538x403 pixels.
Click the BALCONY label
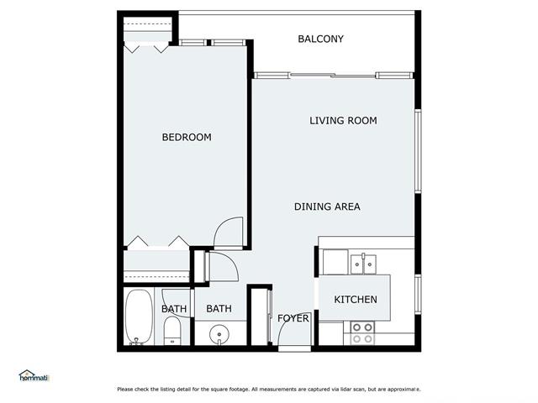click(320, 39)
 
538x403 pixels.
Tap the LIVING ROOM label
click(343, 121)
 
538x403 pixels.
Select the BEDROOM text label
click(187, 138)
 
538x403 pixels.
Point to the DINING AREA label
click(327, 207)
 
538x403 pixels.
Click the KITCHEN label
click(356, 300)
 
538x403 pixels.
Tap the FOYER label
click(293, 318)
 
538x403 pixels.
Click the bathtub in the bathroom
click(139, 317)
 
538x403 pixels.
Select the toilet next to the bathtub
click(171, 331)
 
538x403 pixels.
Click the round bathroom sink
click(219, 333)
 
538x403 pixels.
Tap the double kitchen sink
click(363, 264)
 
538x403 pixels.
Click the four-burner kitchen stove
click(362, 333)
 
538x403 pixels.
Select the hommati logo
click(34, 376)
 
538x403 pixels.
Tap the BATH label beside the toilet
click(174, 309)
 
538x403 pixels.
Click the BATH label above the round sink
click(219, 309)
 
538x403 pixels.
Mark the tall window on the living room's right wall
click(418, 151)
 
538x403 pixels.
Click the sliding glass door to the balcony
click(333, 76)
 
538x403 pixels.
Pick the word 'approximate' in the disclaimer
click(404, 390)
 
